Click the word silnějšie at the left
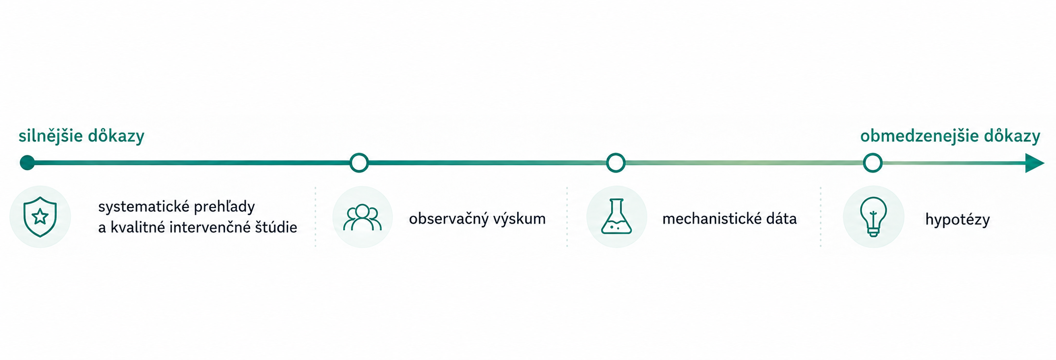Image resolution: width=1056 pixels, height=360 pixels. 51,136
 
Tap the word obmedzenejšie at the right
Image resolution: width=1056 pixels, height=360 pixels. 918,136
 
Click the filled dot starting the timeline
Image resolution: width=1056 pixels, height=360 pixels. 28,163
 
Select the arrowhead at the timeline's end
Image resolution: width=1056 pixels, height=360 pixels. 1034,163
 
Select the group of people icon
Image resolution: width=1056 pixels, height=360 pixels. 362,217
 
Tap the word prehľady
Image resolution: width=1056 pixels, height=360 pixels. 224,207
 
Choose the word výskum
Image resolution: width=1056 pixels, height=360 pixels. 521,219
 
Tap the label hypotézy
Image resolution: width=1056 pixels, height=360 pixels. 957,220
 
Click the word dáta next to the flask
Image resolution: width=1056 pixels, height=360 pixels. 781,218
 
